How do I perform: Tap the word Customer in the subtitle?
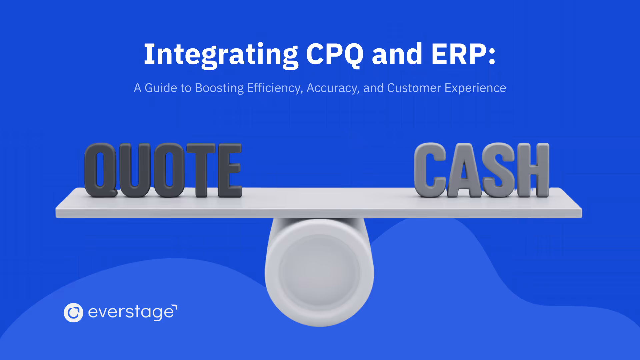tap(414, 88)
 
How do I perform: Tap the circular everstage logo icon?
tap(73, 313)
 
